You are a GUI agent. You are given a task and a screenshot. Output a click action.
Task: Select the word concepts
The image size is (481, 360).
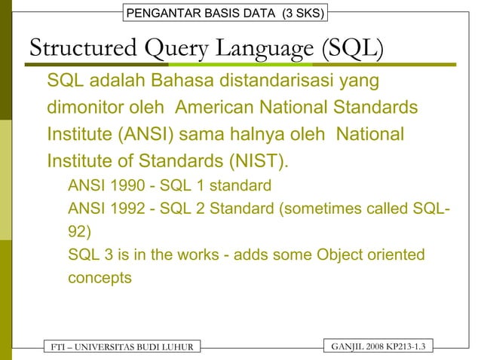click(100, 277)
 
